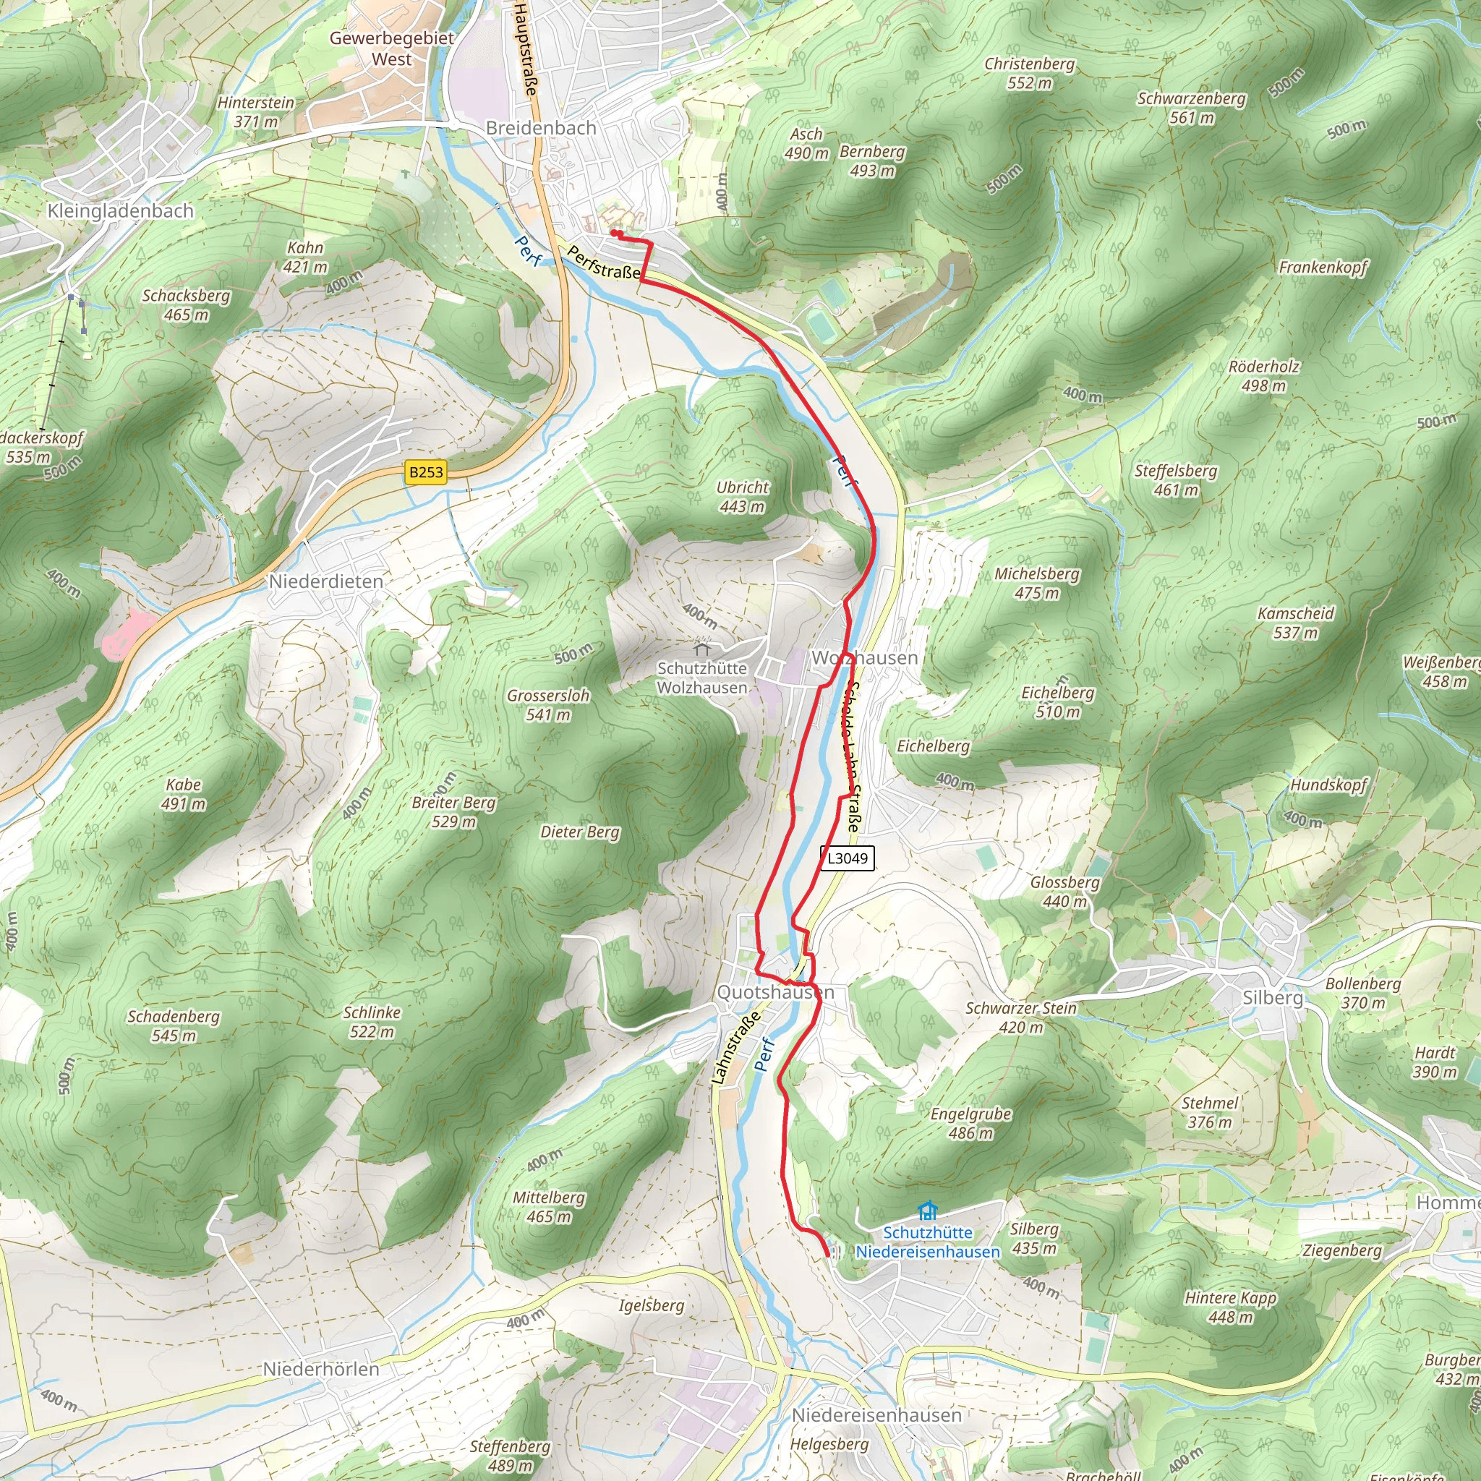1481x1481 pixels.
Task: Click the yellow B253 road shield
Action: point(425,471)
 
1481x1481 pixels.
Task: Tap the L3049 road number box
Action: point(847,858)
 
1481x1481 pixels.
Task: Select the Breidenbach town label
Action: point(540,128)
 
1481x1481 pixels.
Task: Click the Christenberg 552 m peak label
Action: point(1029,74)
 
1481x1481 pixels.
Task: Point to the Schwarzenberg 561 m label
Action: point(1191,108)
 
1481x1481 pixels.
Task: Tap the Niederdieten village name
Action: point(326,581)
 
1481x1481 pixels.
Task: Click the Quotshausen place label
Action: point(775,992)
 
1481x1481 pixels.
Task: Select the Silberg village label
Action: point(1273,997)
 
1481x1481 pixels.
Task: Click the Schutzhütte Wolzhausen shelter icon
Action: point(702,646)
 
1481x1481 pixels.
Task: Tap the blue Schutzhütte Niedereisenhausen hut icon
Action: point(928,1211)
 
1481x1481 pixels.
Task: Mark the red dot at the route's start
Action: point(614,233)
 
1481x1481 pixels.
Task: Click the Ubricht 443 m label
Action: point(742,497)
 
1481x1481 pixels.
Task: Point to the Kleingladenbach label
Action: point(120,211)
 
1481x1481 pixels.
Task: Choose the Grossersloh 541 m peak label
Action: point(548,705)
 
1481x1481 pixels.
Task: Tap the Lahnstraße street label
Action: point(736,1047)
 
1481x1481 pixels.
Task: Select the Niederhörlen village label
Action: point(320,1368)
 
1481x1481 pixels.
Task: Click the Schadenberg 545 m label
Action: point(174,1025)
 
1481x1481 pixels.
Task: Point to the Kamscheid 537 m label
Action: point(1295,623)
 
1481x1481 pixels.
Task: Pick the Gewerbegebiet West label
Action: point(392,48)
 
